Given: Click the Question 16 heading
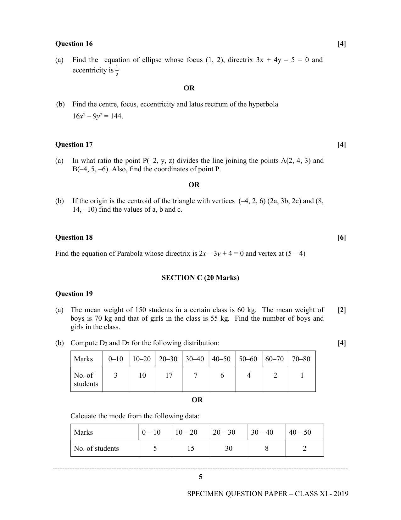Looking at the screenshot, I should click(74, 44).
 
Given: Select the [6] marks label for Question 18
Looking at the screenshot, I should click(342, 237).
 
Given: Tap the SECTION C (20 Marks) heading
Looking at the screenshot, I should click(200, 278).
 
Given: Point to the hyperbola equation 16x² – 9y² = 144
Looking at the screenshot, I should click(97, 116).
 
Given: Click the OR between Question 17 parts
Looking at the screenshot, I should click(194, 185).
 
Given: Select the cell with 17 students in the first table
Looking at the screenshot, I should click(169, 375).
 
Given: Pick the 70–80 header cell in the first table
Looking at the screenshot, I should click(301, 359).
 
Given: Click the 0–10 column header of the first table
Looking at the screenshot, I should click(116, 359).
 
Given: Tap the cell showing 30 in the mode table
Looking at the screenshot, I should click(229, 449).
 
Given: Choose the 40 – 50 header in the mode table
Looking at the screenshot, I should click(300, 432).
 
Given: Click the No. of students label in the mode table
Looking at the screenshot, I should click(96, 449).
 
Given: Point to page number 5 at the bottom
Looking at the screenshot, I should click(201, 477).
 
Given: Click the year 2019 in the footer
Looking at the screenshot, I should click(341, 494).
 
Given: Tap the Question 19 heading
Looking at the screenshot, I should click(74, 294).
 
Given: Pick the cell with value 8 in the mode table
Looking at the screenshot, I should click(267, 449).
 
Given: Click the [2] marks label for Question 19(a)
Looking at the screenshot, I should click(342, 310).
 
